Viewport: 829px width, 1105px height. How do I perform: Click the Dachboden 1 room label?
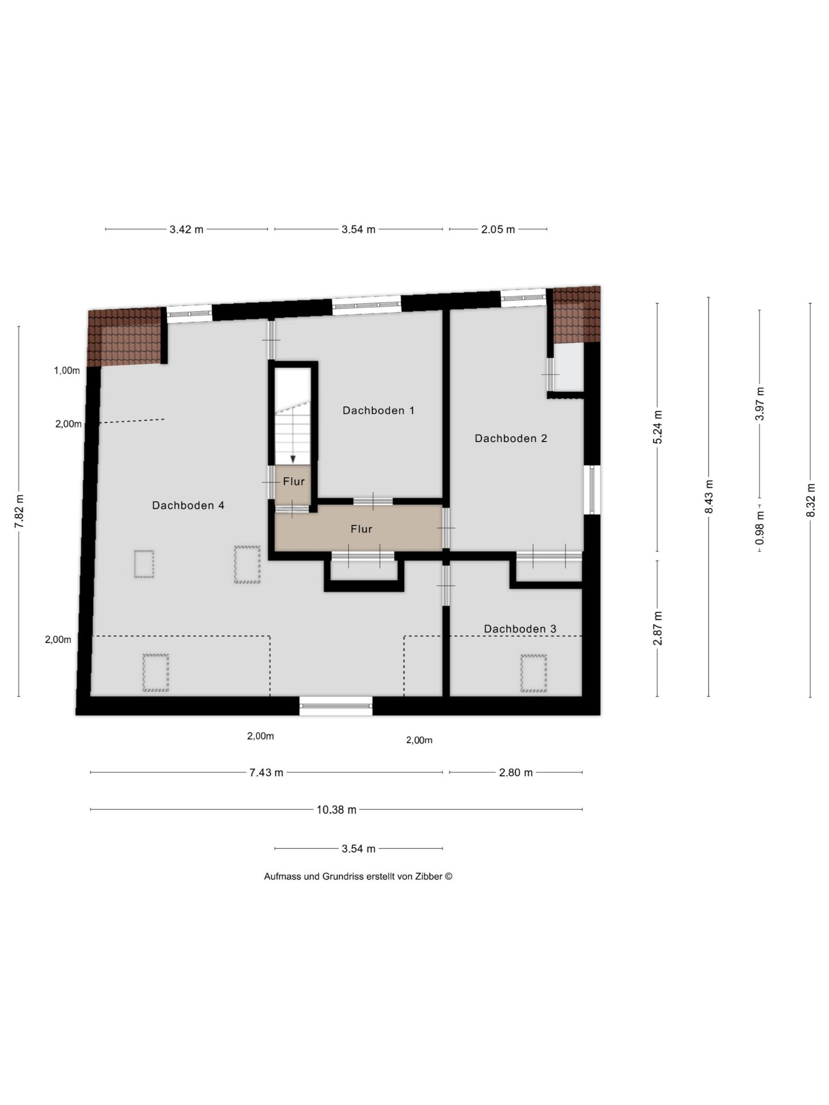[378, 410]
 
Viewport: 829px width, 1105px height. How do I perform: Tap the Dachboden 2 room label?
[511, 439]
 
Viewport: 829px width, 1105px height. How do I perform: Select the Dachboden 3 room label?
[520, 629]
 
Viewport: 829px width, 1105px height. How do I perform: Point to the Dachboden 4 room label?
[188, 505]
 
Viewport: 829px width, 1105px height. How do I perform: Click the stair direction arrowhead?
[293, 459]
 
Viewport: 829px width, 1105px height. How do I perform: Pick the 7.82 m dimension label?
[19, 511]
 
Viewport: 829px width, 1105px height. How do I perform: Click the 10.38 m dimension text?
[337, 810]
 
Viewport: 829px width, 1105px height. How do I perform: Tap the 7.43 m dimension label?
[267, 772]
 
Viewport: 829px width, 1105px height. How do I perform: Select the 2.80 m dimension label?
[516, 772]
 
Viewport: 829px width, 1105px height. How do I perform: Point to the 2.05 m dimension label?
[498, 230]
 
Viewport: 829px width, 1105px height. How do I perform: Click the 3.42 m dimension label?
[187, 230]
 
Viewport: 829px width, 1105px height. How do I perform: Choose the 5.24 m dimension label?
[658, 426]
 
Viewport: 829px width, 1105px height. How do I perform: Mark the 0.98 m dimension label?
[760, 528]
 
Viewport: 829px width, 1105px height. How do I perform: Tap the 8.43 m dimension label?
[709, 497]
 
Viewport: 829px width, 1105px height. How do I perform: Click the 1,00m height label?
[67, 371]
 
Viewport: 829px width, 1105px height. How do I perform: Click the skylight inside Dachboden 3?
[534, 673]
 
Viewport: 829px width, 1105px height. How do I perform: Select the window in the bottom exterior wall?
[336, 706]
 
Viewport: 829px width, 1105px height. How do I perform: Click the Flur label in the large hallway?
[362, 529]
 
